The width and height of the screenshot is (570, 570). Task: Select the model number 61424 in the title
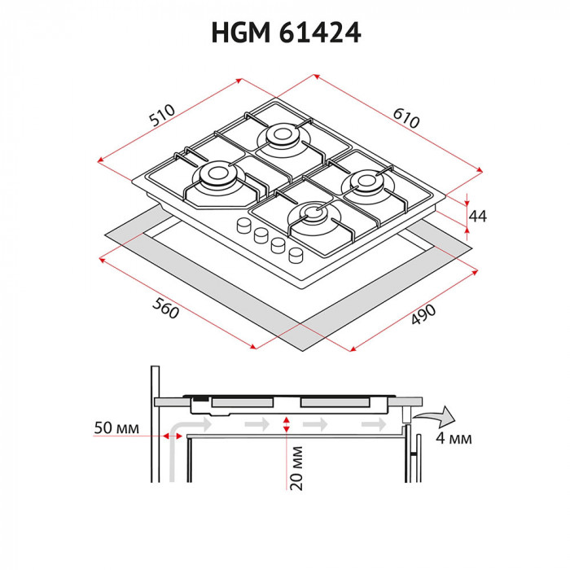[320, 32]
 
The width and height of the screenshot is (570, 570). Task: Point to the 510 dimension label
[167, 117]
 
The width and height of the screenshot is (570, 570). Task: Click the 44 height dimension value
[478, 216]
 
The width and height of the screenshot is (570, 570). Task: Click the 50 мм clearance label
[116, 427]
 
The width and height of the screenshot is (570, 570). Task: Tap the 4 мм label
[454, 441]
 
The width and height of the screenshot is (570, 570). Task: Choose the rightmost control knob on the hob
[297, 254]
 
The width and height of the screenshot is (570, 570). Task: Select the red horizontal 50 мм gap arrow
[173, 436]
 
